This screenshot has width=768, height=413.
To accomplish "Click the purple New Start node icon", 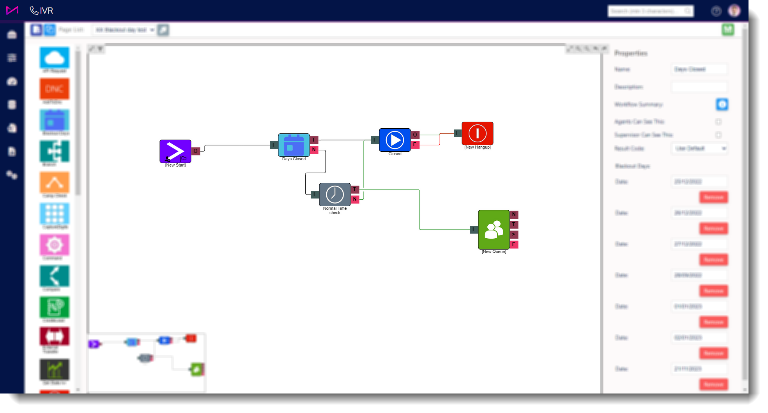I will [175, 151].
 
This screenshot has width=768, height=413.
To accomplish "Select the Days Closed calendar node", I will [294, 145].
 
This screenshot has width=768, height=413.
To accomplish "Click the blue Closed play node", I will [395, 140].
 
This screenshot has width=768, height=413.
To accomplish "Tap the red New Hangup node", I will [477, 133].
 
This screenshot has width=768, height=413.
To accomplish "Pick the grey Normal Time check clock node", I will [334, 194].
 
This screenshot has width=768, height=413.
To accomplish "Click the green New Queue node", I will [494, 229].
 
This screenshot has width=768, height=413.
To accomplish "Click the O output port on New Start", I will [196, 151].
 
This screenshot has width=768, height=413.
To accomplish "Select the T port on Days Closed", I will [314, 140].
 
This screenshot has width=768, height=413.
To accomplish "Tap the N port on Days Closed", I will [314, 149].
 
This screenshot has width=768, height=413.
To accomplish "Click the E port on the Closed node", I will [415, 145].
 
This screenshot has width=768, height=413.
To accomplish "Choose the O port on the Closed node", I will [415, 135].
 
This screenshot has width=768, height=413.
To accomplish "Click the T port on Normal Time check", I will [355, 190].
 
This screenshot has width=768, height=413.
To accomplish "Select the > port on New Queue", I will [514, 234].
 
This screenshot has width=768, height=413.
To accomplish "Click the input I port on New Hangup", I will [457, 133].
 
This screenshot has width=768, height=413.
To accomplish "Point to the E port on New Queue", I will [514, 245].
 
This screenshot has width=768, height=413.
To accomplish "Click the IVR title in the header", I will [46, 11].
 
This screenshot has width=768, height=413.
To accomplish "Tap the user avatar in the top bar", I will [734, 11].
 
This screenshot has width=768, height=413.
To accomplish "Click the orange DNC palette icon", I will [55, 89].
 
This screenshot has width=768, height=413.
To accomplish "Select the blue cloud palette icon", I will [55, 58].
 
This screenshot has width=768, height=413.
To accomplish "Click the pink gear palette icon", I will [55, 245].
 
